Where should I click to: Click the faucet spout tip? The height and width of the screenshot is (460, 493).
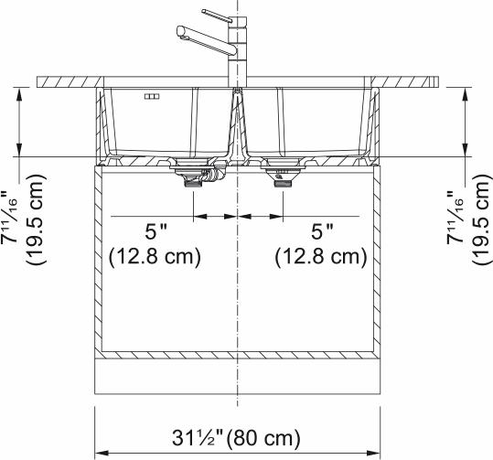click(x=180, y=31)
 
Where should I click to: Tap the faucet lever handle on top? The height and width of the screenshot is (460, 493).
click(x=218, y=16)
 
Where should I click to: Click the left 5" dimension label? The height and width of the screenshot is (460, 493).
click(x=155, y=231)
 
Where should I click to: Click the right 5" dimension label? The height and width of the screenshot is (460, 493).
click(x=322, y=231)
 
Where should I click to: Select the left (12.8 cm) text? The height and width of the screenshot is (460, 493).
click(x=155, y=257)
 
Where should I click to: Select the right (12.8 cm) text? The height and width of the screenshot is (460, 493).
click(x=321, y=257)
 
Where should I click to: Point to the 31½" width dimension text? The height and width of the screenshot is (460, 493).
click(x=198, y=438)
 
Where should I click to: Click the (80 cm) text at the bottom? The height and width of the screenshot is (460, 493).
click(x=263, y=438)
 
